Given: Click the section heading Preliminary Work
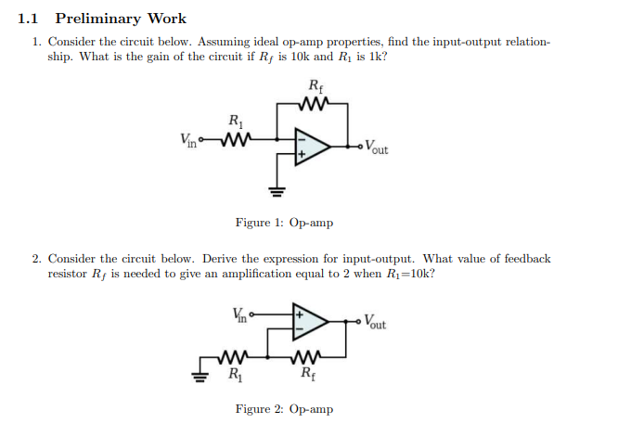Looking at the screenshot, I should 121,19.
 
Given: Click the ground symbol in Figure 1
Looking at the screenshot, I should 275,192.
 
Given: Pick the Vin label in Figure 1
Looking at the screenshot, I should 190,141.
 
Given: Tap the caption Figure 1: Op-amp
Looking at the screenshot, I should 284,223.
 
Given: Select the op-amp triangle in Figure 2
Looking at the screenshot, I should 310,322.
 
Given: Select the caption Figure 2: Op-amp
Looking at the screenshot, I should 284,409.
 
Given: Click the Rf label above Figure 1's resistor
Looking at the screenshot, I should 315,88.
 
